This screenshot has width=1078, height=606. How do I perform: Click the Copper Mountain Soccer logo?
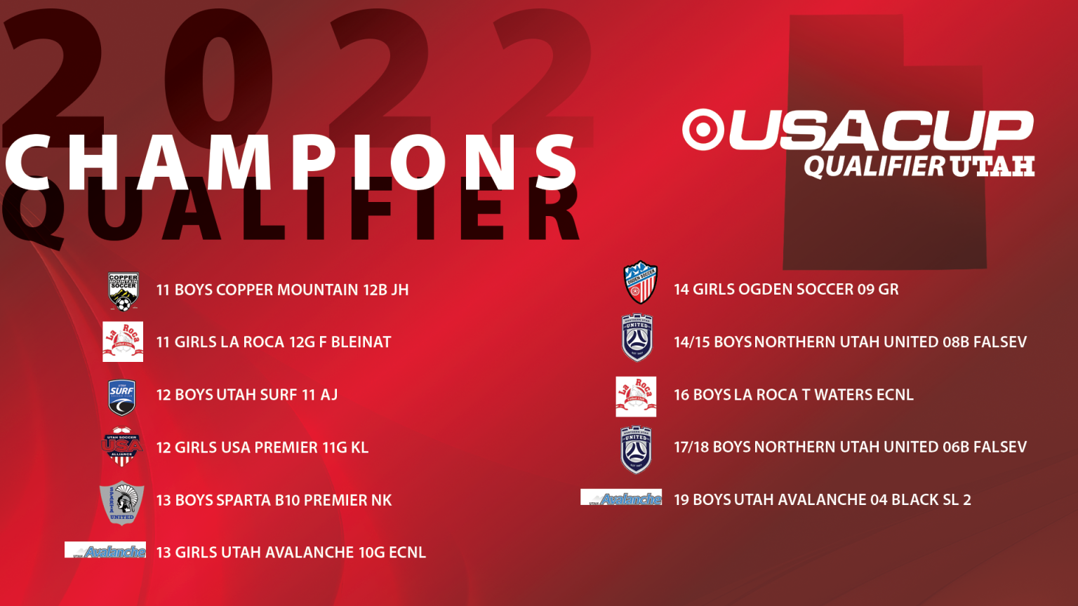[x=124, y=292]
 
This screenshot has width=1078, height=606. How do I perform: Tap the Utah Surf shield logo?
[x=121, y=398]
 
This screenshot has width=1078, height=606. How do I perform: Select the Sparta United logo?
[x=121, y=503]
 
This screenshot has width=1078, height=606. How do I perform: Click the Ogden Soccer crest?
[x=641, y=283]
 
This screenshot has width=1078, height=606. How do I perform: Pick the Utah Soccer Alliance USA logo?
[x=121, y=447]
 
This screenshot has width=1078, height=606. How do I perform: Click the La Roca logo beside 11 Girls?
[x=123, y=342]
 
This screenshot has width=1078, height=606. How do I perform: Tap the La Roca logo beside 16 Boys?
[x=636, y=397]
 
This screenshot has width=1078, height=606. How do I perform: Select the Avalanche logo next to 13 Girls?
[x=105, y=550]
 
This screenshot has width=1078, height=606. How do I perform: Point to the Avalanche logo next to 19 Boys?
[x=621, y=497]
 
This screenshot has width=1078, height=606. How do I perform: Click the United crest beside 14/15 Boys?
[x=637, y=337]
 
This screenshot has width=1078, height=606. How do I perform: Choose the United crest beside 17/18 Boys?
[x=637, y=450]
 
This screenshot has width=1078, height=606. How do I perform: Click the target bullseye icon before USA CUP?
[x=703, y=130]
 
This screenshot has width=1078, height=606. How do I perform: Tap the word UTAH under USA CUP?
[x=992, y=166]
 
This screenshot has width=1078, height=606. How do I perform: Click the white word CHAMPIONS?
[x=291, y=162]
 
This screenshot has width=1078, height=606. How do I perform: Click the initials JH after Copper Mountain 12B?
[x=400, y=290]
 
